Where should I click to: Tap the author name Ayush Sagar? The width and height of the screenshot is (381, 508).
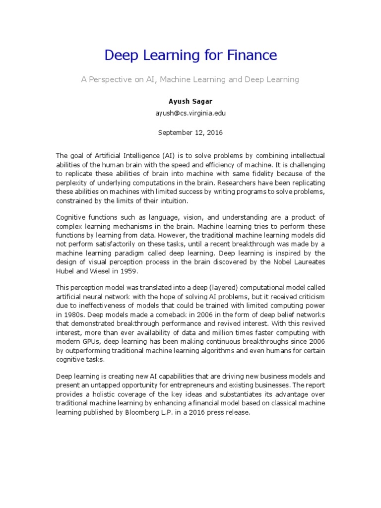190,101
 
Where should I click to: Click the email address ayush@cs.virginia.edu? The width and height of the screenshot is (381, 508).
190,113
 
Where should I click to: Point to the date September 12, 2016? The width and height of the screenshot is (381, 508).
190,132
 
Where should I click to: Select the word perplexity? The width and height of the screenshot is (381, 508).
73,183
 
